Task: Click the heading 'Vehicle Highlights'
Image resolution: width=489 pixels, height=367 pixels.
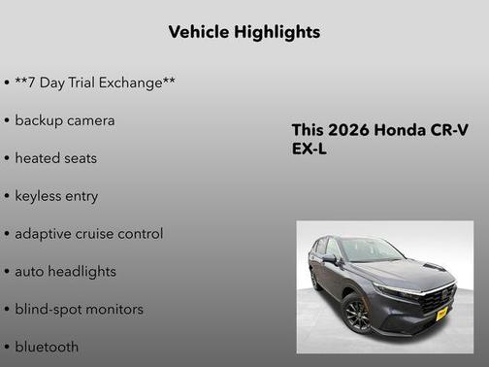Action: pyautogui.click(x=244, y=32)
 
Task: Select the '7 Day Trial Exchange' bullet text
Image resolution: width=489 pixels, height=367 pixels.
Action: pyautogui.click(x=94, y=83)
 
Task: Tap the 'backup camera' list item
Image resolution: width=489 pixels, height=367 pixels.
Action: pyautogui.click(x=64, y=120)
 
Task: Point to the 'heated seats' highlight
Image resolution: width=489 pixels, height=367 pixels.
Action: pyautogui.click(x=55, y=157)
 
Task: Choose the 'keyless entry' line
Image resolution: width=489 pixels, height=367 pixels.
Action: pyautogui.click(x=56, y=195)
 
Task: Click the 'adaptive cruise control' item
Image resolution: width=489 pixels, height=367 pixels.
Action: pyautogui.click(x=88, y=233)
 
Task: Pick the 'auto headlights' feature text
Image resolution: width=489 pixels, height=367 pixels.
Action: pyautogui.click(x=65, y=271)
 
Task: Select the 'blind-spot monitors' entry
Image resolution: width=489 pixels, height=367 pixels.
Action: pyautogui.click(x=79, y=309)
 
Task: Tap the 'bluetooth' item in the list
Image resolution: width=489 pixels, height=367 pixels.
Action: pyautogui.click(x=47, y=346)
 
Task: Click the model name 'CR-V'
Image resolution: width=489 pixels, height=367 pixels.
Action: pyautogui.click(x=448, y=130)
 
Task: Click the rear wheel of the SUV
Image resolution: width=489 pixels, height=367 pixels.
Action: pyautogui.click(x=315, y=280)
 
